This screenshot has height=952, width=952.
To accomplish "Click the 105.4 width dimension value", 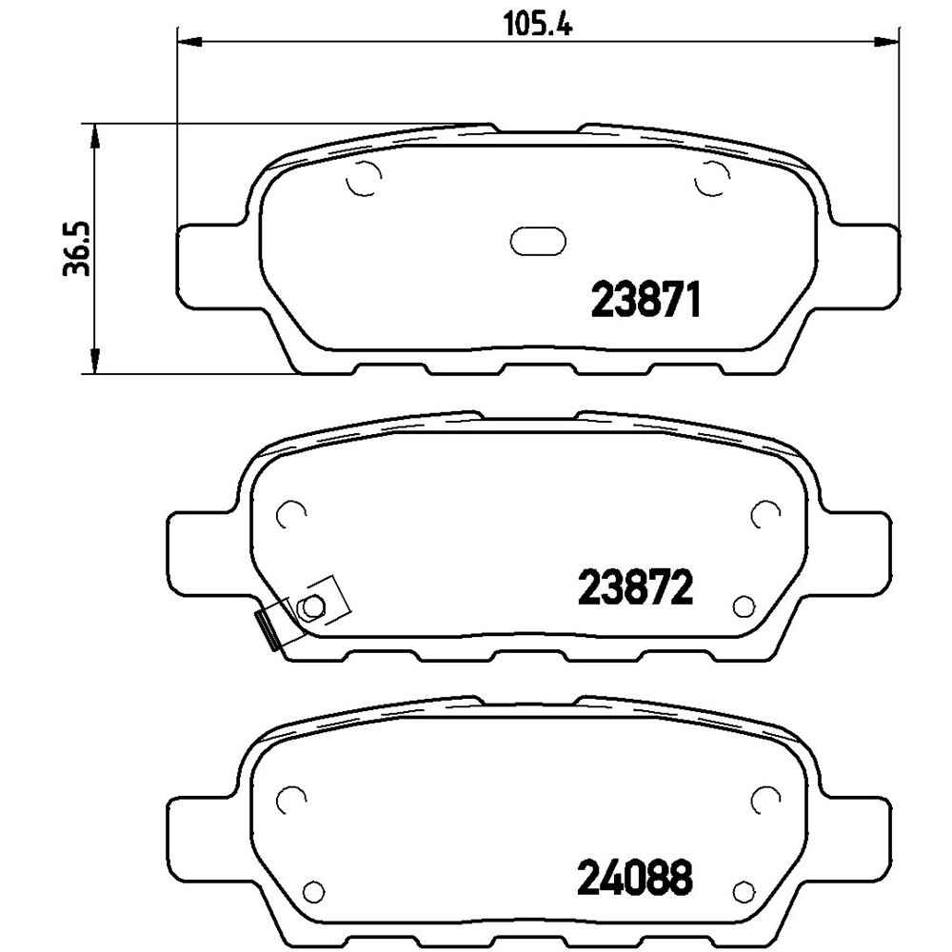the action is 539,26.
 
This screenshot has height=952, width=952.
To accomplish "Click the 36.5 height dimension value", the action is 77,248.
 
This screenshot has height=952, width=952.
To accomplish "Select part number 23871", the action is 646,299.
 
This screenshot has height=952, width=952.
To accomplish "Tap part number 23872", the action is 636,587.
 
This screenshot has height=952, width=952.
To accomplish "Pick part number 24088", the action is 634,876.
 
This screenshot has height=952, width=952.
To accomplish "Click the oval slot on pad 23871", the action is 538,241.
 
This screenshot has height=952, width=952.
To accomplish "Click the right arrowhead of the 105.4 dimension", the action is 885,41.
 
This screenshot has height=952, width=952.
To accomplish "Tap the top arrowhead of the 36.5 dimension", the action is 94,136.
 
